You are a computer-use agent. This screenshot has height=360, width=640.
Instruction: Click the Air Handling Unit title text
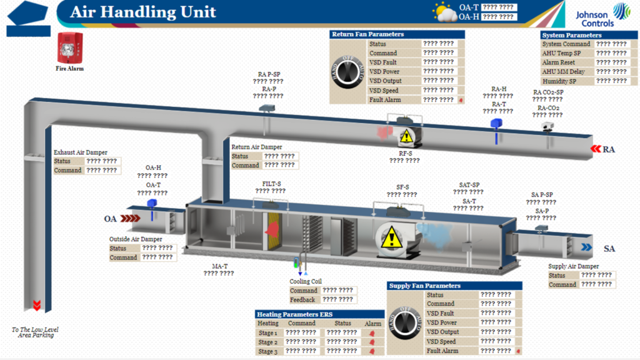tap(143, 12)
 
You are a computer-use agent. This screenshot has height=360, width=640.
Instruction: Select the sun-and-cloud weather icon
tap(444, 12)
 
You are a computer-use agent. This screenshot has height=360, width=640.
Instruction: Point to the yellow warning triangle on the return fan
tap(406, 135)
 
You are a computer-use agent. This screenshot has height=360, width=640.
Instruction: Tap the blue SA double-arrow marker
tap(586, 247)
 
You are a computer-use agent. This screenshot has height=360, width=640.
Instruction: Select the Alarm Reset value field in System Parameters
tap(611, 62)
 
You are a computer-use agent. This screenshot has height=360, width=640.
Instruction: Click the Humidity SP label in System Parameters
tap(559, 81)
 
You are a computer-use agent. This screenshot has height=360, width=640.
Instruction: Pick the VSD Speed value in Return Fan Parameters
tap(438, 91)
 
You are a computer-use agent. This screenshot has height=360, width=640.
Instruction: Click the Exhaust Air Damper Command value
tap(101, 170)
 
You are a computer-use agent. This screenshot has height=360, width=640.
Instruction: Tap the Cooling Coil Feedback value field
tap(338, 300)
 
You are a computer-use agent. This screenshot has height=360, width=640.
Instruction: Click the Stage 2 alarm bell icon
tap(372, 342)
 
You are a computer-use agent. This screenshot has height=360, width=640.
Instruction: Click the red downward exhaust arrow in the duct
tap(37, 306)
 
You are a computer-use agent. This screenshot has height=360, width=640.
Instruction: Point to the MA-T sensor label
tap(219, 266)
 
